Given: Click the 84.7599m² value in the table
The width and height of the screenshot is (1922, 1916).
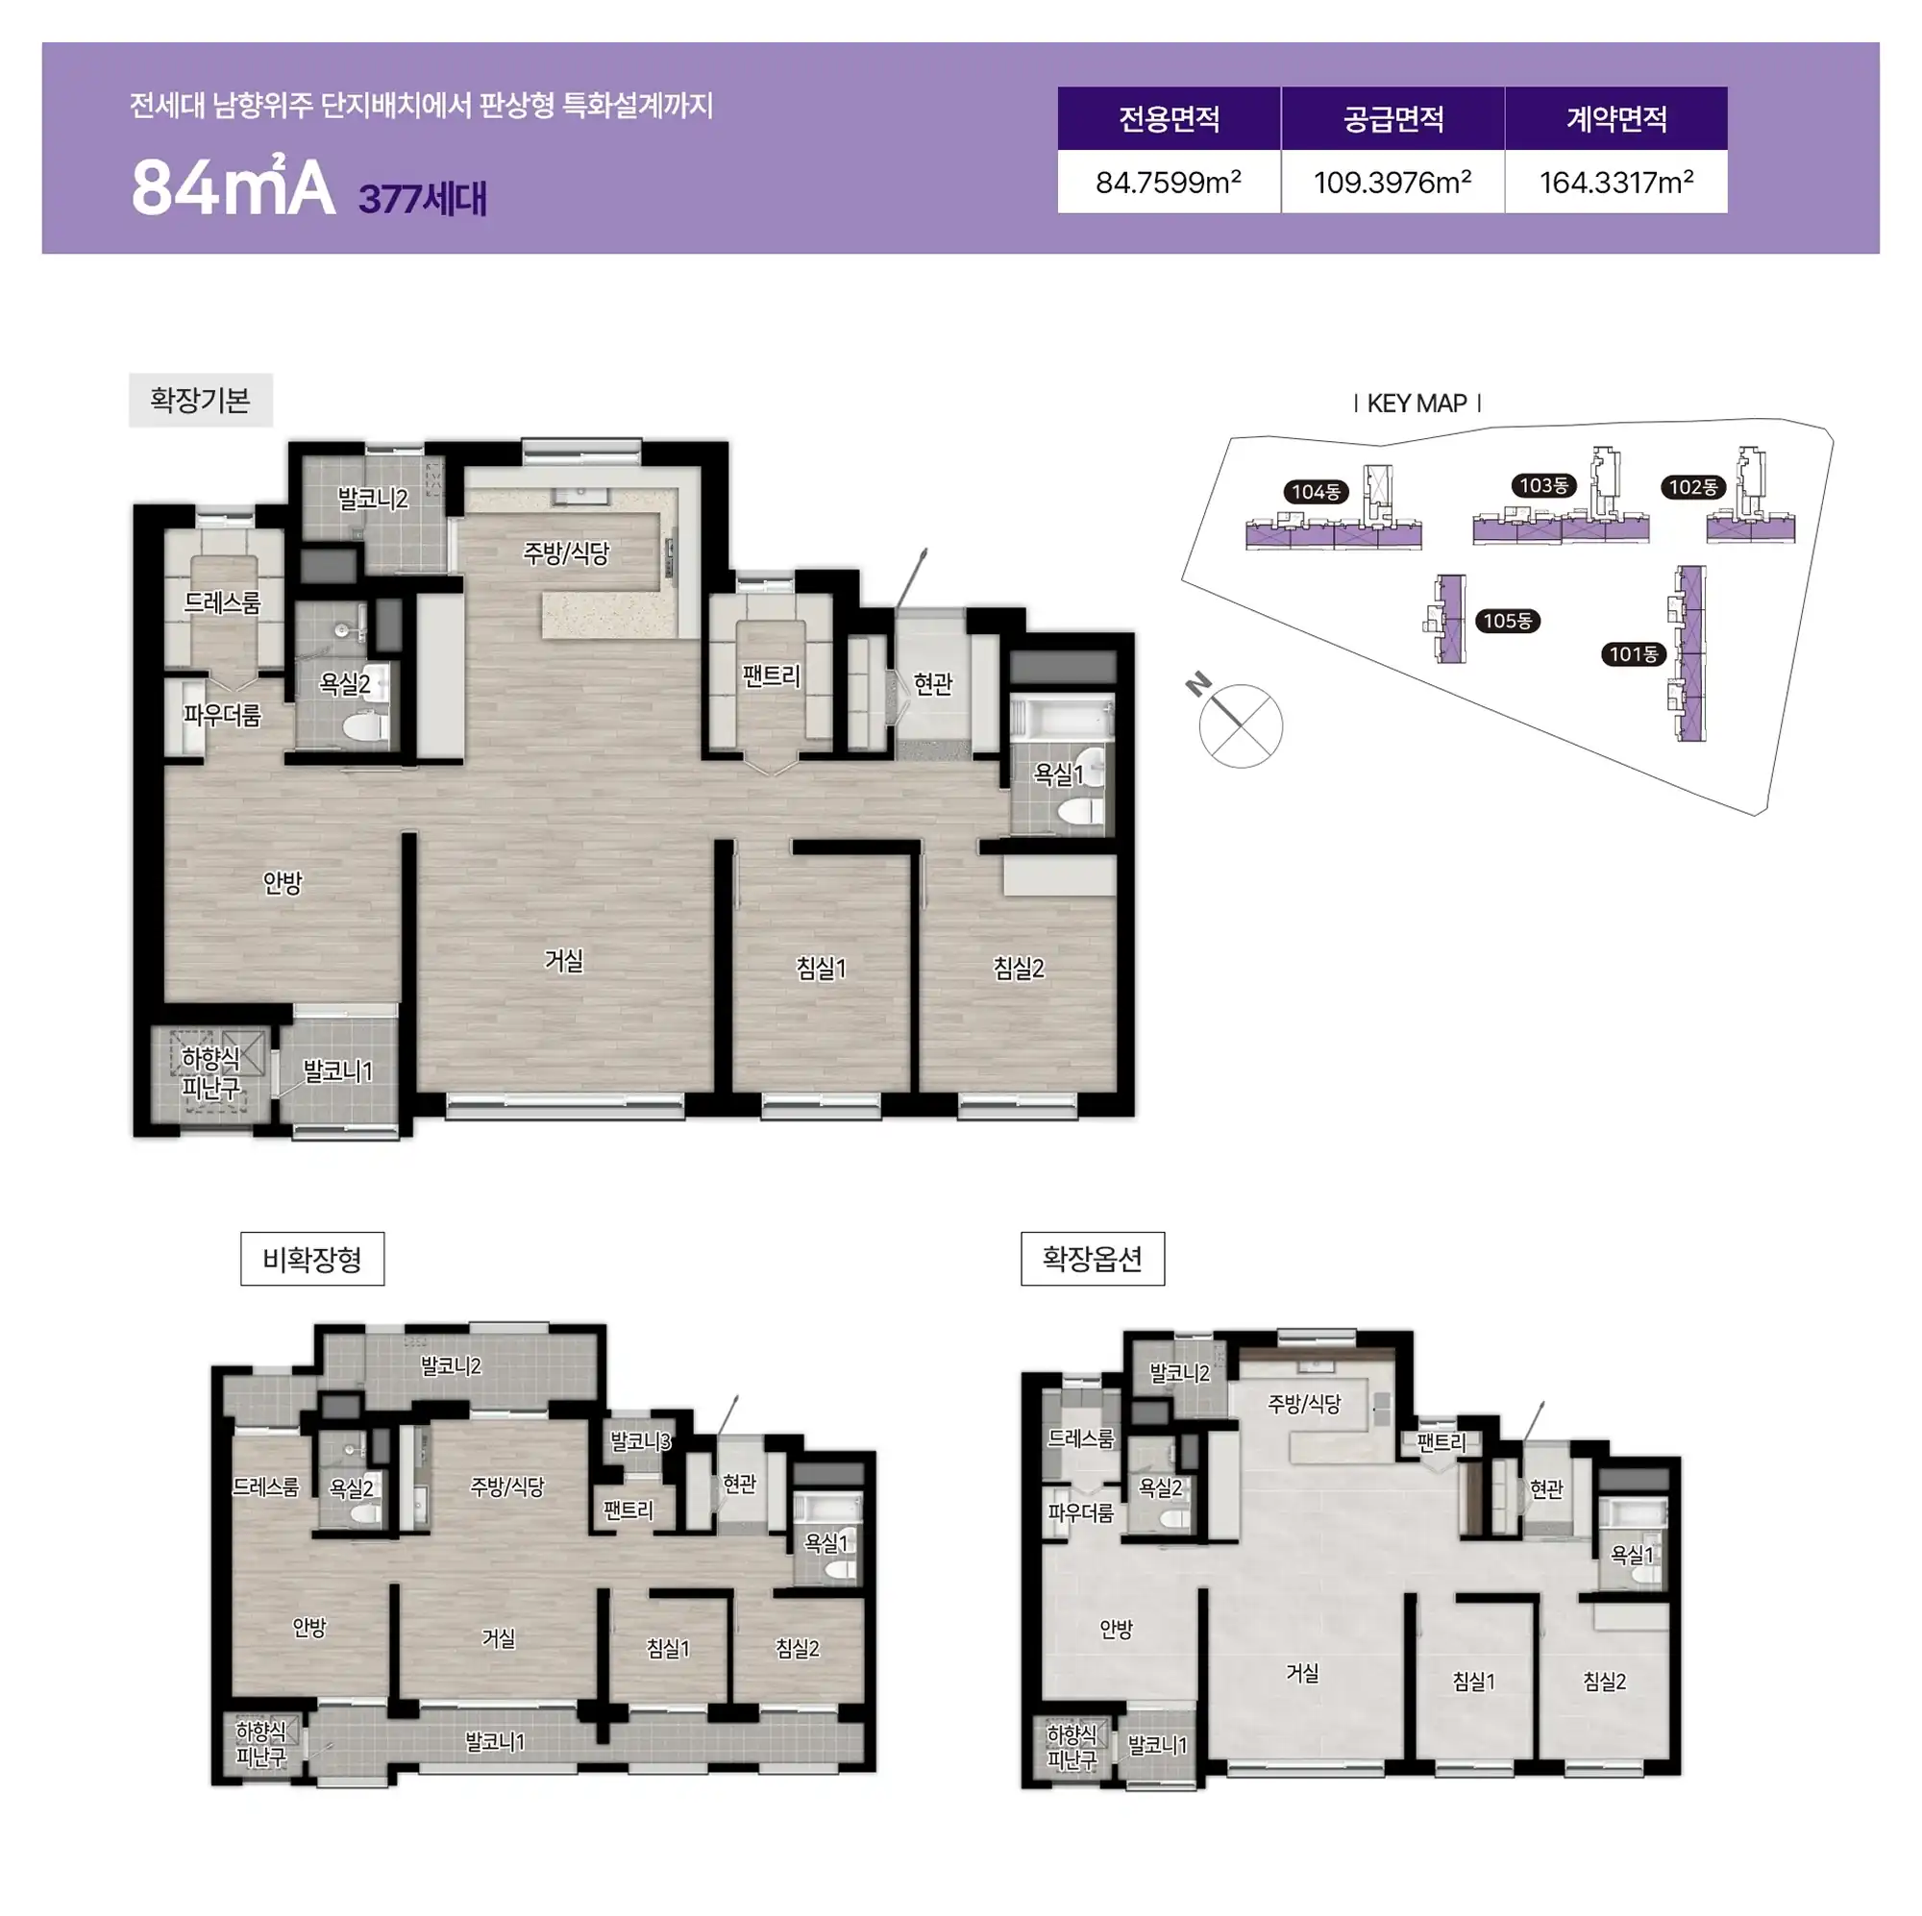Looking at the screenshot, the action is click(1168, 182).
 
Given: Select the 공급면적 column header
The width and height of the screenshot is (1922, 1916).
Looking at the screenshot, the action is click(1392, 119).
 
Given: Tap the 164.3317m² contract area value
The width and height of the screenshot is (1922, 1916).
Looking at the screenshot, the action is click(1615, 182).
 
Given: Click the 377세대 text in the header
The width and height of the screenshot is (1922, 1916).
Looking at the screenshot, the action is click(423, 198).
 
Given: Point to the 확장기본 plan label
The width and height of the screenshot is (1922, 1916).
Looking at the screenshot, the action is click(200, 400).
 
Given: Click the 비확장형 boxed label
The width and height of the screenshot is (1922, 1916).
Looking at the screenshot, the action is click(311, 1260).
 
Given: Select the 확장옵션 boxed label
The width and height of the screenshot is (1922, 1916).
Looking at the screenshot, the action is click(1093, 1260).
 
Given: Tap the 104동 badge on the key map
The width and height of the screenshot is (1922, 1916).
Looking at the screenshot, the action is click(1316, 491).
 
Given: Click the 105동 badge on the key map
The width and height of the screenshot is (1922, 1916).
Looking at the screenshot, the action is click(1508, 621).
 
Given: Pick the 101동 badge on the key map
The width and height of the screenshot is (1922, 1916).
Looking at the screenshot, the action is click(1634, 653).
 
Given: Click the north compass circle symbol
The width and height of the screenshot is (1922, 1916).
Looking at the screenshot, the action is click(1241, 726).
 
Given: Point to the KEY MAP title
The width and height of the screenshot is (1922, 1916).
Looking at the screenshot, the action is click(1417, 403).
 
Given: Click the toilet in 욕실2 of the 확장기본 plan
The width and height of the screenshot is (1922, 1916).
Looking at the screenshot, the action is click(366, 725).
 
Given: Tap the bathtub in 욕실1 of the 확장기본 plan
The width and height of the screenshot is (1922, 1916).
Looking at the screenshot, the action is click(1062, 718).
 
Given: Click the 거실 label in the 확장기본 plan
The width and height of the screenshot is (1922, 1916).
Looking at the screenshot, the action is click(564, 960).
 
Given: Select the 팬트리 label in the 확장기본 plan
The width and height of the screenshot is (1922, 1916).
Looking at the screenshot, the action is click(771, 676).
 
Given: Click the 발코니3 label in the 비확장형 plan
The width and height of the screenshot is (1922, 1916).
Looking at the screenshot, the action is click(641, 1440).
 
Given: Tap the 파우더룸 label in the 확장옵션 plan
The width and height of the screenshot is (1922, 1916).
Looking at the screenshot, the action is click(1081, 1513).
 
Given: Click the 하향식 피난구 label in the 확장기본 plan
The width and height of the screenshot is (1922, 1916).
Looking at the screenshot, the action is click(210, 1073).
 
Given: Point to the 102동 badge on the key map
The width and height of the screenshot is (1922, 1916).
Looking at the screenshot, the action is click(1693, 487).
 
